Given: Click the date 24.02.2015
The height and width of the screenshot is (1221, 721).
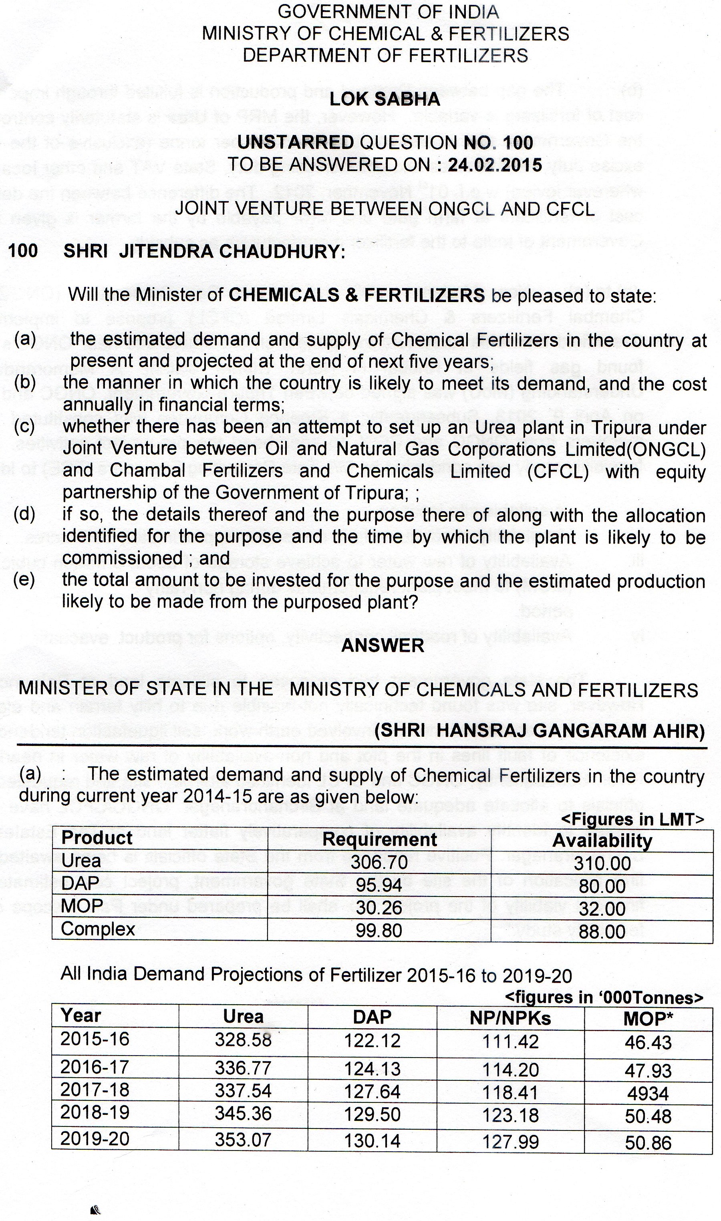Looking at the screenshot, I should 495,165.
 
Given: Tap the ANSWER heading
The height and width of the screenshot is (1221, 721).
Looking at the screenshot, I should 383,646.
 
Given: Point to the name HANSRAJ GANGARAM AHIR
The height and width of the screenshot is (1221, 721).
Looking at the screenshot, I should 570,731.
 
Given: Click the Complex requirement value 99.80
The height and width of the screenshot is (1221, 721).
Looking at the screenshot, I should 379,931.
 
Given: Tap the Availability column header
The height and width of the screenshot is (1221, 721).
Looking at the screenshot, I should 602,840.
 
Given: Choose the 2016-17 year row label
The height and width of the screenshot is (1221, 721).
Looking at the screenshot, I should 95,1067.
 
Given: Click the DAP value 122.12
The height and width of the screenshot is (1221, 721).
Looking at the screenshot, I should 372,1041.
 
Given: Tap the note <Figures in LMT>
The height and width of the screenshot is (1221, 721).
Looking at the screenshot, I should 632,820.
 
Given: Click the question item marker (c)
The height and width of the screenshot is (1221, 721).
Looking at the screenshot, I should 24,427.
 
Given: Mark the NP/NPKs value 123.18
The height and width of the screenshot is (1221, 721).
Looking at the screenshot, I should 510,1116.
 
